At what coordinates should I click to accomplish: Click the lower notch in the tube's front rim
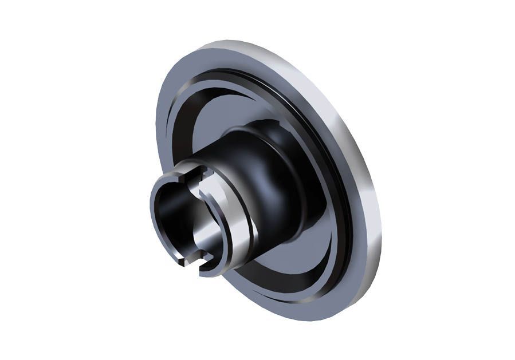[193, 264]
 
